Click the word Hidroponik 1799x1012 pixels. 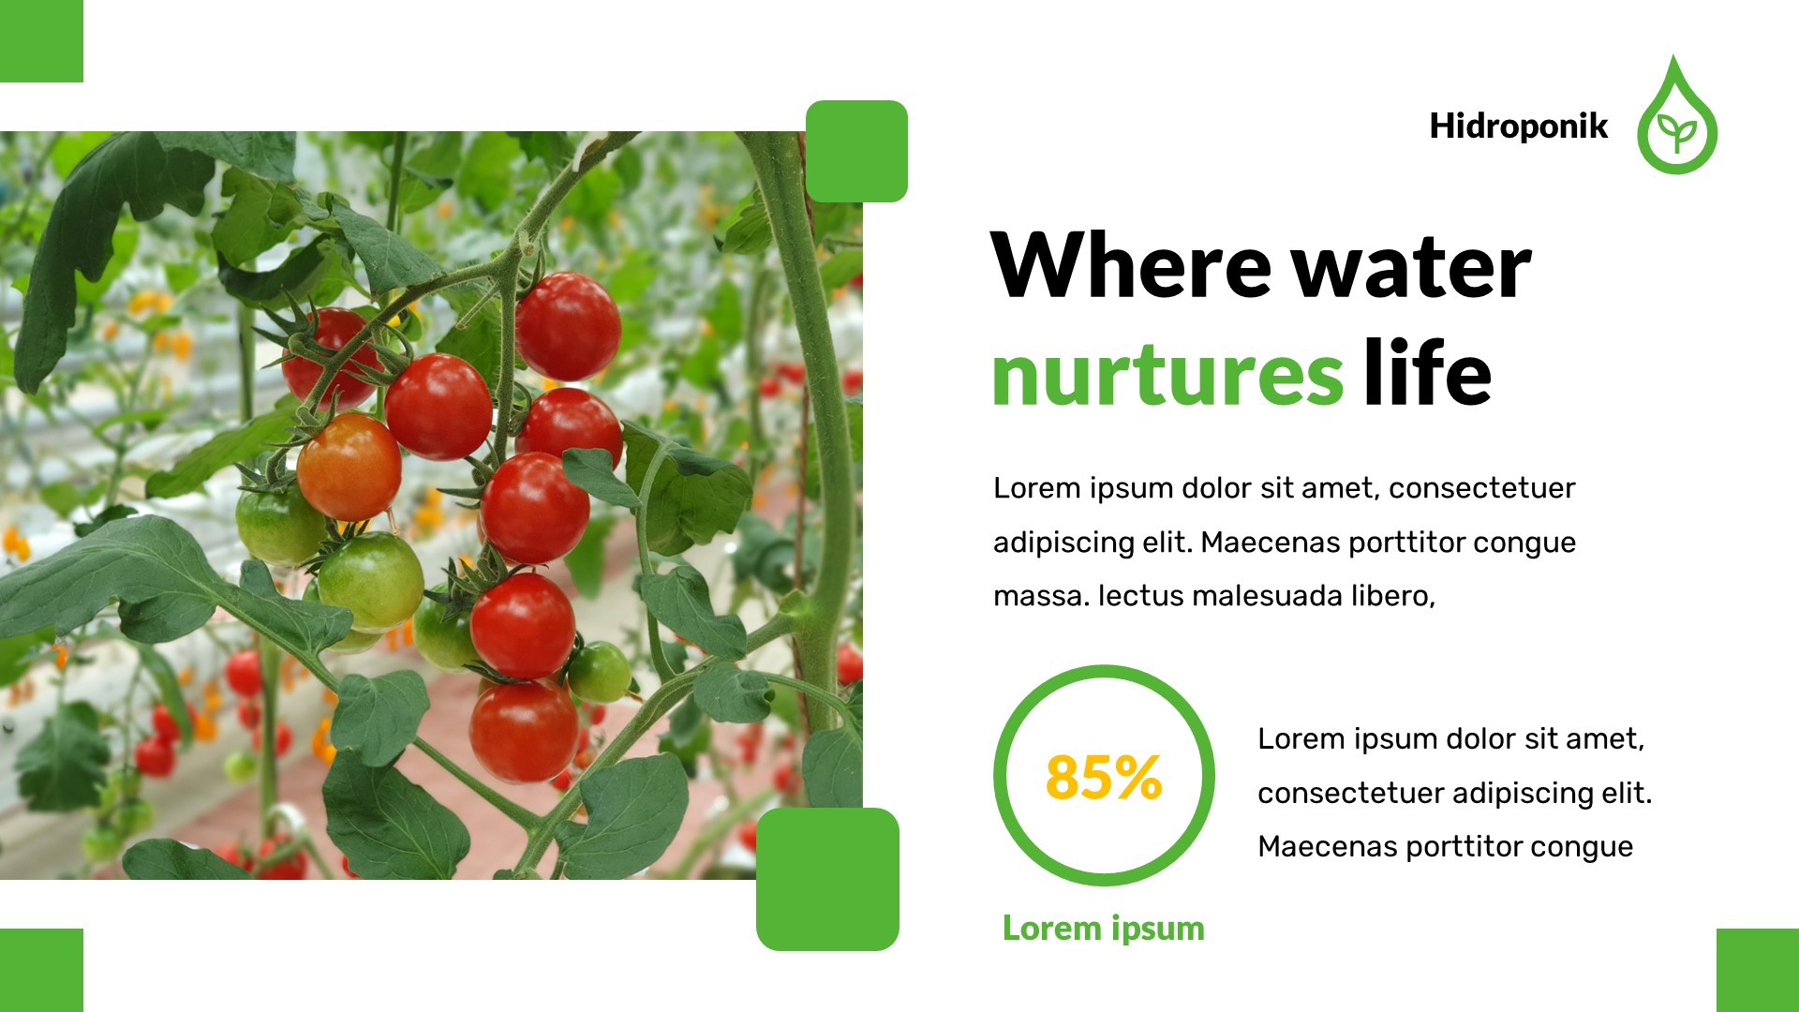coord(1518,126)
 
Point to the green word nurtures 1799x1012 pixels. coord(1167,375)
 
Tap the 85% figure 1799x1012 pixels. coord(1104,777)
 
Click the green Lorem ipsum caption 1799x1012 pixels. coord(1103,928)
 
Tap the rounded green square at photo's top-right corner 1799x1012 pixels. coord(856,151)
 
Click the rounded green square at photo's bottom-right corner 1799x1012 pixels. coord(827,879)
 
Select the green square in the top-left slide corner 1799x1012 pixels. coord(41,40)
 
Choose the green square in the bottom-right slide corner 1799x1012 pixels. coord(1757,970)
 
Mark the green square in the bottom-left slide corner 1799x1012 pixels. coord(41,970)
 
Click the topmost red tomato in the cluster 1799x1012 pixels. coord(568,326)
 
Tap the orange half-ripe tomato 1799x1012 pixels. coord(349,467)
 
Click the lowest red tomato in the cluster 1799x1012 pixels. coord(524,731)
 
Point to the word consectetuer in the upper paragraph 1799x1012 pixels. coord(1481,488)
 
